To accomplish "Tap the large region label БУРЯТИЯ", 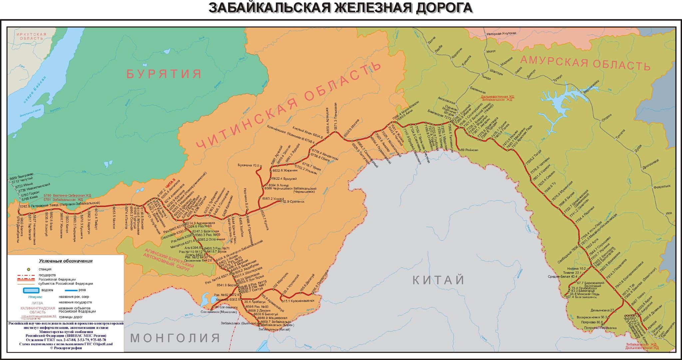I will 164,74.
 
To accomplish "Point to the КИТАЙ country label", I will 439,280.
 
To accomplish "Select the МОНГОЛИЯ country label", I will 175,338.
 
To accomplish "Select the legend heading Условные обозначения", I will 66,261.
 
